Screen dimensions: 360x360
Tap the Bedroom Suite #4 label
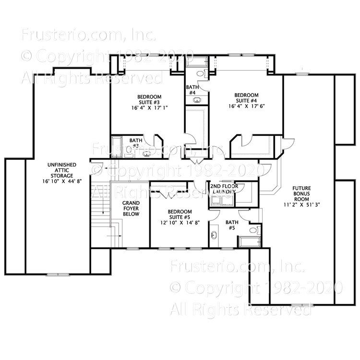(x=246, y=98)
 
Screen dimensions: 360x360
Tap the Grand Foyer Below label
(x=130, y=209)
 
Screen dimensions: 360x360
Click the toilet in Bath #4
(x=202, y=73)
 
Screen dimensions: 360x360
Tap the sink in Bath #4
(x=197, y=100)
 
